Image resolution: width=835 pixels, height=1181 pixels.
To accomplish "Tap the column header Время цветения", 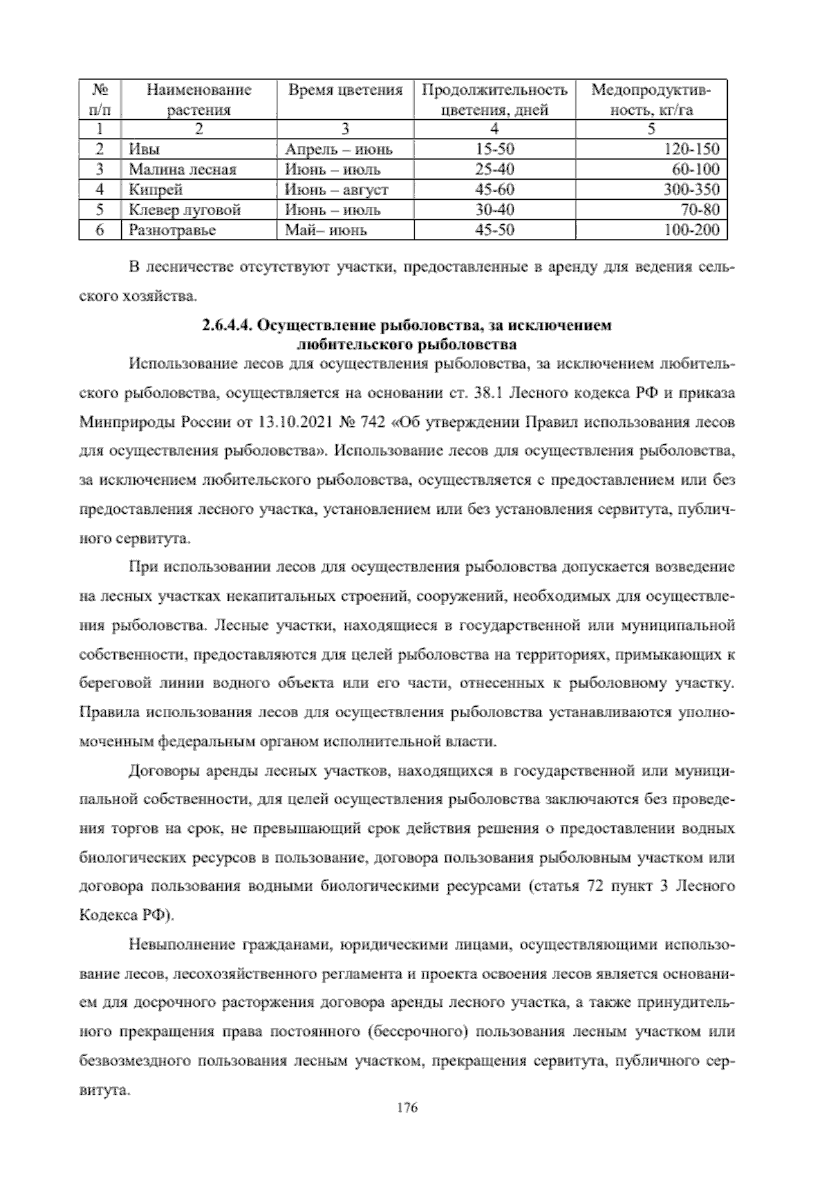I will [x=345, y=90].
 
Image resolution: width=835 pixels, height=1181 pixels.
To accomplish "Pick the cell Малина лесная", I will [x=182, y=169].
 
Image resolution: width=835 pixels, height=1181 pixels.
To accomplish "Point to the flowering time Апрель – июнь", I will [x=338, y=149].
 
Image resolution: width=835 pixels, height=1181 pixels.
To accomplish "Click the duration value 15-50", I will [x=494, y=149].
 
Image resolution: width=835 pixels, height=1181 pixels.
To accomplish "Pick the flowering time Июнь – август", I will [x=336, y=189].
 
